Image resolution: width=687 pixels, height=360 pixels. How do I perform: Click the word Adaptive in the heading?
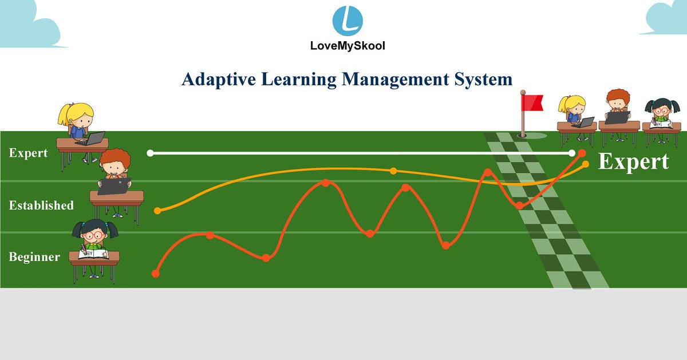click(218, 79)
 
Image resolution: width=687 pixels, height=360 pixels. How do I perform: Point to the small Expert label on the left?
click(29, 153)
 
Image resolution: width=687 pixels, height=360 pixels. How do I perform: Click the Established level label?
click(41, 205)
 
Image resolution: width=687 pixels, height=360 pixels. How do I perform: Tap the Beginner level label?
click(34, 257)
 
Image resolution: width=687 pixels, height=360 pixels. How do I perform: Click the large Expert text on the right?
click(633, 162)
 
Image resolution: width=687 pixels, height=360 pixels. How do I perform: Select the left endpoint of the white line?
click(150, 153)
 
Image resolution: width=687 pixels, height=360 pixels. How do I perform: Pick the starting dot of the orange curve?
click(158, 211)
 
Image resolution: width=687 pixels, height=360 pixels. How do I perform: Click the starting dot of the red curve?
click(155, 274)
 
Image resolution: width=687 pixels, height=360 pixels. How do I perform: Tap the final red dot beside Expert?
click(582, 153)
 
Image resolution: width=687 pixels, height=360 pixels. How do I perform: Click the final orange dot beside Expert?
click(585, 164)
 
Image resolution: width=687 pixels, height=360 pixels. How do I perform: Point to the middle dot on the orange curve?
click(393, 171)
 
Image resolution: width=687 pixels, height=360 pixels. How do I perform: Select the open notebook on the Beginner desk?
click(93, 253)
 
